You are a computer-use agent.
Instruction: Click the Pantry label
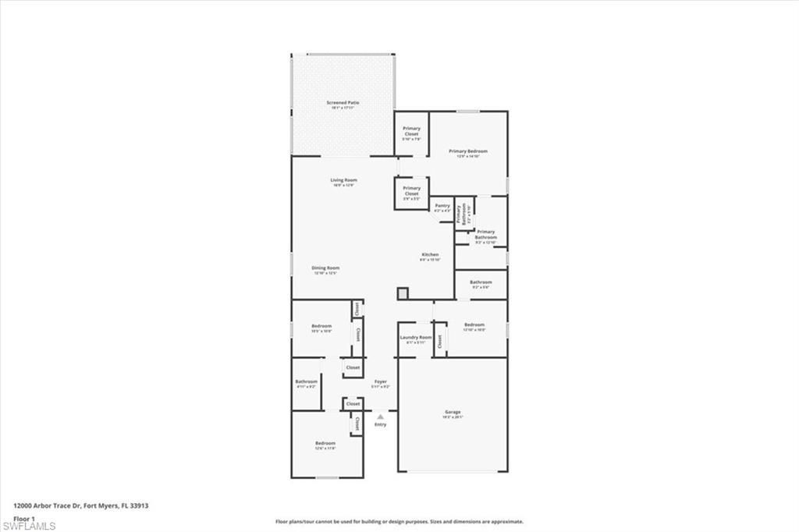point(442,207)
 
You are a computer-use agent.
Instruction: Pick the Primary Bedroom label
point(467,153)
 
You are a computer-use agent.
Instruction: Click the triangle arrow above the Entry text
point(380,417)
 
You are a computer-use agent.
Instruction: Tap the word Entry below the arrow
point(380,424)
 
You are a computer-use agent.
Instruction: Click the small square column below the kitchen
point(403,293)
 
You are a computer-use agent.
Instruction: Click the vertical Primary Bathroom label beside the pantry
point(462,214)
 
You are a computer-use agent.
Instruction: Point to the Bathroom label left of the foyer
point(306,383)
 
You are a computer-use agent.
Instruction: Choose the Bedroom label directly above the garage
point(474,327)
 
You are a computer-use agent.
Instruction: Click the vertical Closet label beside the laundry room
point(440,341)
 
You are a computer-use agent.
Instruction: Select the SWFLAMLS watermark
point(29,526)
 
